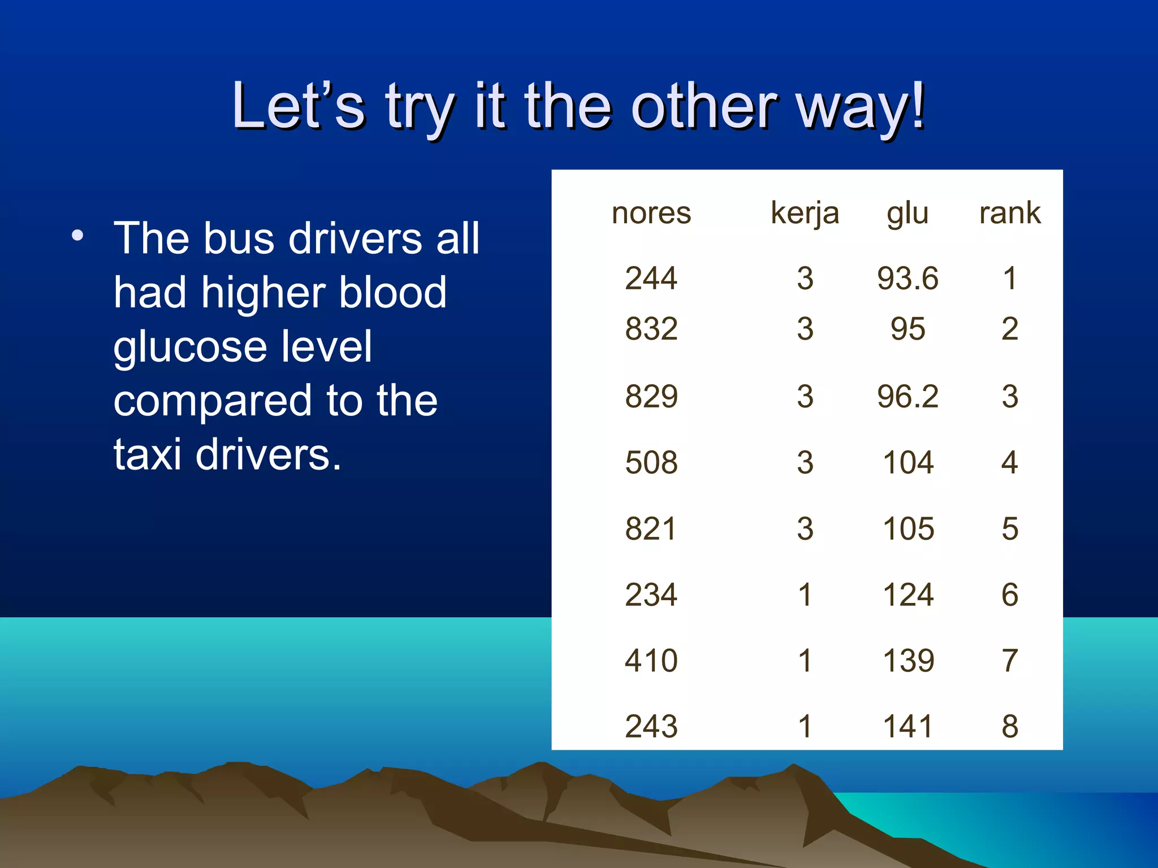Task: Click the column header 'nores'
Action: point(651,213)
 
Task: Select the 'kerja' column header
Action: point(805,214)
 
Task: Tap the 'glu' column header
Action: point(908,214)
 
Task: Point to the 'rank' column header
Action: point(1010,213)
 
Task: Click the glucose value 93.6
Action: point(908,279)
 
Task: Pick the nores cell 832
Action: point(651,329)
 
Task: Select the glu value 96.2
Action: point(908,396)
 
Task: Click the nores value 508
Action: point(651,463)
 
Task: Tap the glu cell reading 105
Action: point(908,529)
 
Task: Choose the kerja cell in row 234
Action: point(805,595)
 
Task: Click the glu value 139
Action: point(908,661)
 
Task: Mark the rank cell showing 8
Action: point(1010,727)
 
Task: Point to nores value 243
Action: point(651,727)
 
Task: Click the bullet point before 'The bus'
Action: point(77,236)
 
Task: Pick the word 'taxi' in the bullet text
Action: point(148,454)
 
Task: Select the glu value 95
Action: point(908,329)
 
